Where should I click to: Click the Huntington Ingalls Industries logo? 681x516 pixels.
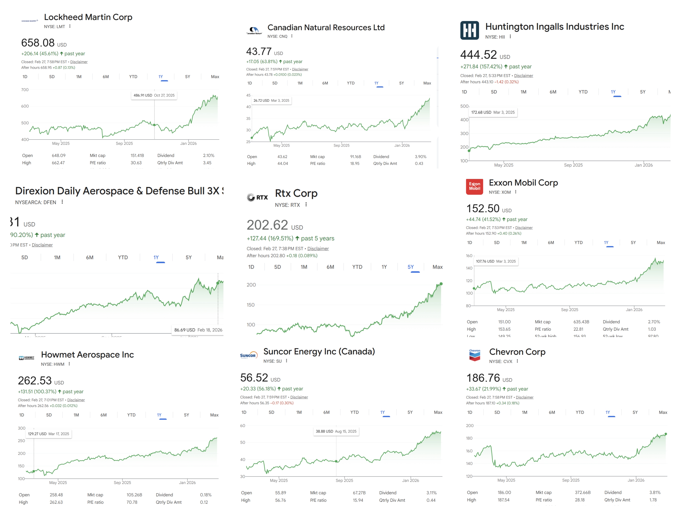(x=469, y=30)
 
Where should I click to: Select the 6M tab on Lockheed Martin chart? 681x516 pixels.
(x=106, y=77)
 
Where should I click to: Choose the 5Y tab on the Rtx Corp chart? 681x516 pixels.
(x=410, y=267)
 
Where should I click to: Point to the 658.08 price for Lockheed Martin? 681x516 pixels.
(x=38, y=43)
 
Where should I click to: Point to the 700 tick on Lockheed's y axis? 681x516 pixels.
(x=25, y=90)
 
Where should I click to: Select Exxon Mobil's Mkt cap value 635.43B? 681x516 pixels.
(x=581, y=322)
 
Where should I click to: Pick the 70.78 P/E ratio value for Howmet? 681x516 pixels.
(x=132, y=502)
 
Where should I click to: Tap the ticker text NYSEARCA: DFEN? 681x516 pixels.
(x=36, y=202)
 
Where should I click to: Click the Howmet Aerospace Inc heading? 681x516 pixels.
(x=87, y=355)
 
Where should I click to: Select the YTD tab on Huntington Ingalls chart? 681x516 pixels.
(x=583, y=92)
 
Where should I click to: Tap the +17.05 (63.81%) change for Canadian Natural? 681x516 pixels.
(x=262, y=62)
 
